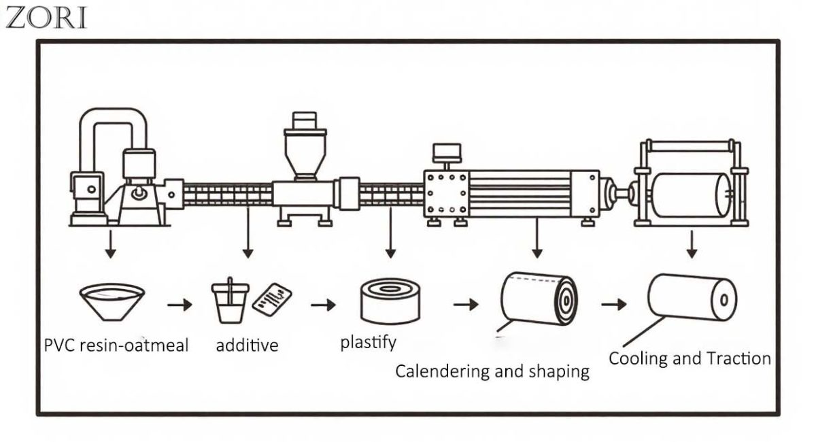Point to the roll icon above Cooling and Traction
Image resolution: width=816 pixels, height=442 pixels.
pos(691,296)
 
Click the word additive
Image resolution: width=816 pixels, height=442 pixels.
pos(247,345)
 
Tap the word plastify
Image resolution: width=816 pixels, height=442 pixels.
pos(368,342)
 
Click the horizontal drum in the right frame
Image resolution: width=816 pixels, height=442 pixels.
pos(688,195)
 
